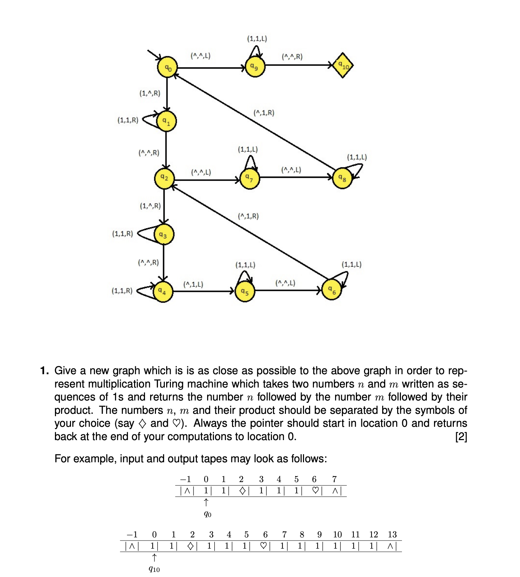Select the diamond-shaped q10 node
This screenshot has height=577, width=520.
343,65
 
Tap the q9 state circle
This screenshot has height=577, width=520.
255,67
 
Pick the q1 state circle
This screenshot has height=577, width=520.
166,121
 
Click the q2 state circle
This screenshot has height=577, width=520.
164,178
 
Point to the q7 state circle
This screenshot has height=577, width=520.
249,179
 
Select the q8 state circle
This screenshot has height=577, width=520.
342,178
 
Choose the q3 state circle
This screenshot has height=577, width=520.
163,235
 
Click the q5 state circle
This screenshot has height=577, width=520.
245,292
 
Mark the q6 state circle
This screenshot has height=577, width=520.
332,290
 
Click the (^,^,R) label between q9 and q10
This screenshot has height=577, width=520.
292,57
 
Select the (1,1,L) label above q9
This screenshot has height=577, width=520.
257,39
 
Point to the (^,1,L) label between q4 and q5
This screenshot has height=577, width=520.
193,284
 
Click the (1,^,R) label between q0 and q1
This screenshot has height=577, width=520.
150,93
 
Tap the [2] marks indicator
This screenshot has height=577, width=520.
461,437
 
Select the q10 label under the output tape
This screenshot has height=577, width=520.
154,569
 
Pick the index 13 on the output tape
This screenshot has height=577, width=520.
392,535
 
